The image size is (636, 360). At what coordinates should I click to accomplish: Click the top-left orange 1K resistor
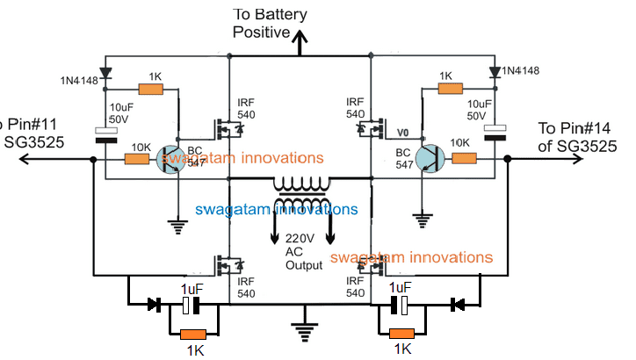click(x=151, y=89)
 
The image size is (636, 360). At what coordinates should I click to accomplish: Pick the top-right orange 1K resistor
click(x=450, y=89)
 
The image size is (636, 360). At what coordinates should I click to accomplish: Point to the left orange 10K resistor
click(x=137, y=159)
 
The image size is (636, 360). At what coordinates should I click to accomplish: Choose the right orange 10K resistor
click(x=463, y=159)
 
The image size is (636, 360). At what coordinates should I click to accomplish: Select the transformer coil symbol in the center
click(x=300, y=188)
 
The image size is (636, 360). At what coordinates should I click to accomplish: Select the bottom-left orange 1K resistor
click(x=192, y=335)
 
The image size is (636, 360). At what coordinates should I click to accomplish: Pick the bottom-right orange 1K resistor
click(x=402, y=335)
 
